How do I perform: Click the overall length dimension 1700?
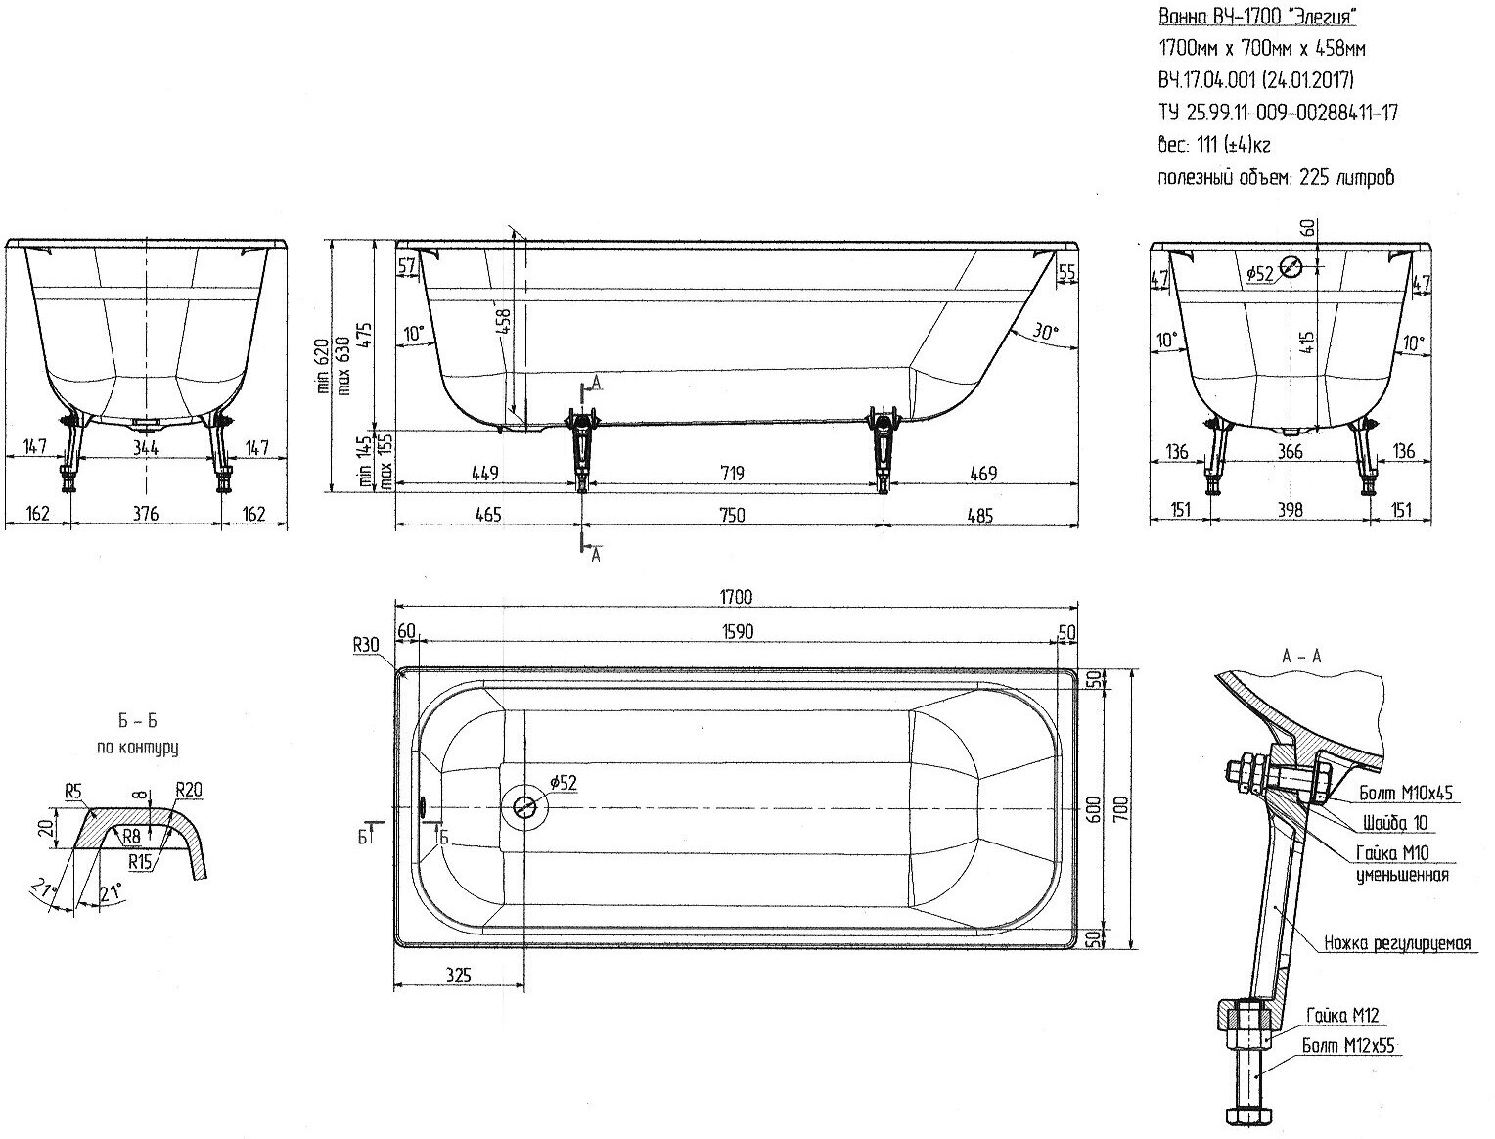click(x=737, y=598)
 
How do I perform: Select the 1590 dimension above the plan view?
click(x=737, y=632)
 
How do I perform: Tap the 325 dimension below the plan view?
click(x=457, y=975)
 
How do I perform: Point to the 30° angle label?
click(x=1044, y=333)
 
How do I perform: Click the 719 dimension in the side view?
click(x=732, y=474)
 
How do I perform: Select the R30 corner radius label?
click(x=367, y=645)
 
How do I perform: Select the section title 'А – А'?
click(x=1301, y=657)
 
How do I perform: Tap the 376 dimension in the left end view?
click(x=146, y=514)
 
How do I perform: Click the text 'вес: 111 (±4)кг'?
click(x=1214, y=145)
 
